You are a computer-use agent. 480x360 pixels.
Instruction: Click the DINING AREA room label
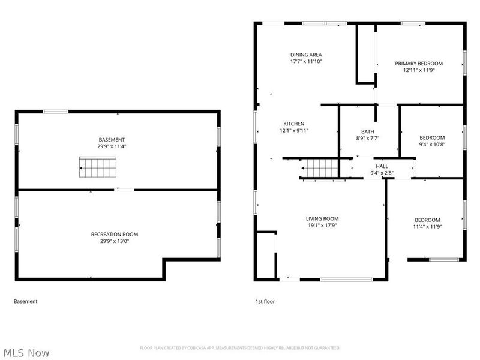point(306,55)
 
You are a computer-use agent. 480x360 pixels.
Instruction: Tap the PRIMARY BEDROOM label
point(419,64)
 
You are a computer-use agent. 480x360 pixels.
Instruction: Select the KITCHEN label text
point(294,124)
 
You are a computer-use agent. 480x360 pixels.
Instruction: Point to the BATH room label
point(368,131)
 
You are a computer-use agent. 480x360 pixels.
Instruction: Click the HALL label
point(382,166)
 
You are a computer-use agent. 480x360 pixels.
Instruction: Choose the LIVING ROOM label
point(322,218)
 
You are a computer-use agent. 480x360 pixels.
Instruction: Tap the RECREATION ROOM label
point(115,235)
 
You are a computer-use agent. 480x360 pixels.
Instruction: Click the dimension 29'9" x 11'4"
point(112,146)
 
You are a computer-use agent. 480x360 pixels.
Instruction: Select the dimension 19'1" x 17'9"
point(322,226)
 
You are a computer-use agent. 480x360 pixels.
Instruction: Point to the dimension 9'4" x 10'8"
point(432,145)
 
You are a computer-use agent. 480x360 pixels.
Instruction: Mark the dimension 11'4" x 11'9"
point(427,227)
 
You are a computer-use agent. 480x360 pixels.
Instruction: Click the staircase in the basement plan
point(98,167)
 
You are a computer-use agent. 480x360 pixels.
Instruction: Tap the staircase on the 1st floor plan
point(319,168)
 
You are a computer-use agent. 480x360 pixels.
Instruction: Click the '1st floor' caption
point(265,302)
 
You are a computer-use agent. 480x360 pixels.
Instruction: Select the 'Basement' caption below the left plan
point(25,302)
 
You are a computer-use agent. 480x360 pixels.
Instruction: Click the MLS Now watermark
point(26,353)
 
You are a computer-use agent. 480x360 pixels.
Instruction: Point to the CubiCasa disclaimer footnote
point(240,348)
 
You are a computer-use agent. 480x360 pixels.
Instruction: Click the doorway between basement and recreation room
point(124,190)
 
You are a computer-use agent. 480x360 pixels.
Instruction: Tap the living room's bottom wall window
point(347,280)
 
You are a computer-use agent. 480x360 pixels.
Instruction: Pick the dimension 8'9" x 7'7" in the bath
point(368,139)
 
